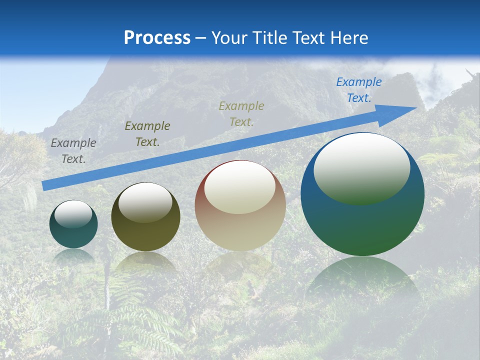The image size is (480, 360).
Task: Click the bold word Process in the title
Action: [157, 37]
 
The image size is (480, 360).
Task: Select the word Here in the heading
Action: [349, 37]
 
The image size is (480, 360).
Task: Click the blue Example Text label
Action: [358, 90]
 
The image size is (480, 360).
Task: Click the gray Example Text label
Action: [73, 151]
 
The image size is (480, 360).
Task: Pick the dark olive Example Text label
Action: [147, 133]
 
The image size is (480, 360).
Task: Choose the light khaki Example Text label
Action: [241, 113]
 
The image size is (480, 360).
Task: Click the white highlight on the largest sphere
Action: [361, 167]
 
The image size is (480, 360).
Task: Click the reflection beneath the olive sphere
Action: [145, 262]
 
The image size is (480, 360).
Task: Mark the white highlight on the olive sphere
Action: [145, 201]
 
